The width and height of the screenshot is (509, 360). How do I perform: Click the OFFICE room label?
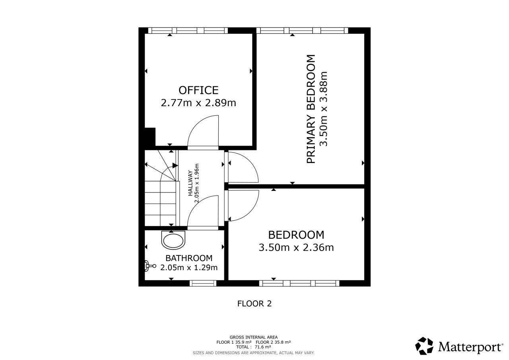coord(198,90)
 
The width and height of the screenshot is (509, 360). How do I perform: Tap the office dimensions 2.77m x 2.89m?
coord(198,103)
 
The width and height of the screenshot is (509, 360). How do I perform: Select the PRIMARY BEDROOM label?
coord(311,109)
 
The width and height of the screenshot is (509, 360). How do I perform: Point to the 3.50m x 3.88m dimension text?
coord(323,109)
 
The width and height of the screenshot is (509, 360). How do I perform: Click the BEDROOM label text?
coord(296,235)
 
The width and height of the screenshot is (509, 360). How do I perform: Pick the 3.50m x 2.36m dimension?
coord(296,247)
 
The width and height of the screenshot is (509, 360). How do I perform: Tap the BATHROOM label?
coord(189,258)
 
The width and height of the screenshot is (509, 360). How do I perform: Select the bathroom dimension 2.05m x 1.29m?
coord(189,267)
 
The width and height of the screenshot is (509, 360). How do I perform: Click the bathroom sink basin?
coord(173,240)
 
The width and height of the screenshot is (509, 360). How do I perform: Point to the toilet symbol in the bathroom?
coord(150,266)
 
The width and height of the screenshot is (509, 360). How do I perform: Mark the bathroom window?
coord(203,283)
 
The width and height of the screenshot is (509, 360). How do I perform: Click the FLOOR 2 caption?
coord(254,304)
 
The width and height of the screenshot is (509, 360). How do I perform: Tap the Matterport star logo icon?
coord(424,346)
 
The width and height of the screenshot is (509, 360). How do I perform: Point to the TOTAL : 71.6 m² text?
coord(253,347)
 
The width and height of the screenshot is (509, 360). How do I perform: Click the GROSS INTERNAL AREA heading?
coord(253,337)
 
